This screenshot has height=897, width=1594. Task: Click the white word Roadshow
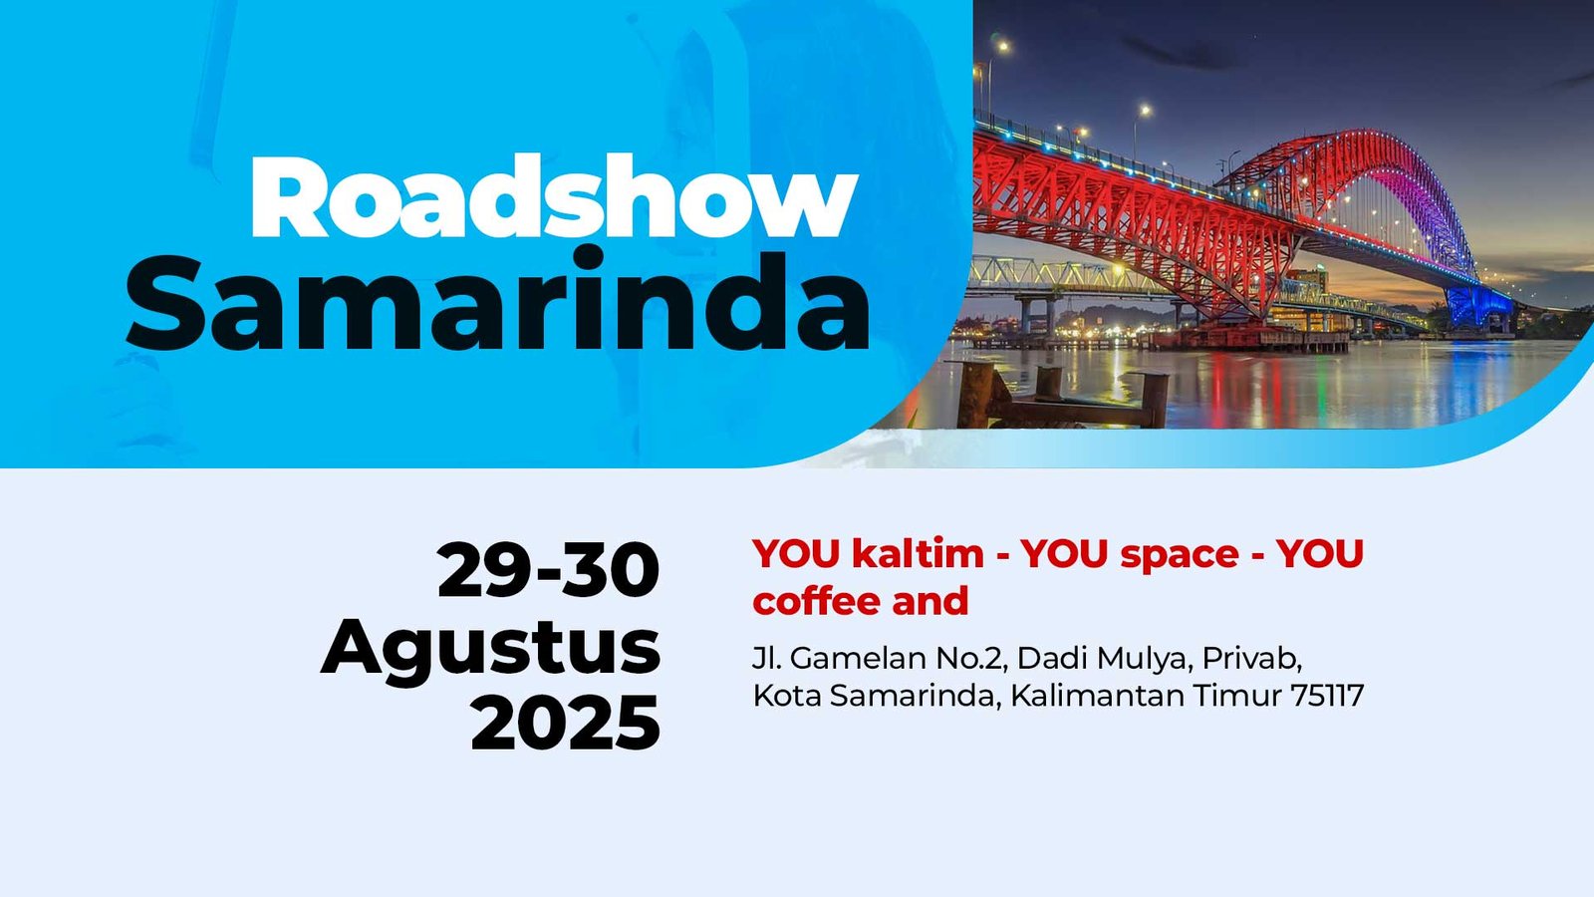point(554,196)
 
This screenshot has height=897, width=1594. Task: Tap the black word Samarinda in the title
point(497,300)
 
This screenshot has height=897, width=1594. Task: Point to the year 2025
point(566,723)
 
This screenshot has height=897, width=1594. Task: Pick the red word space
point(1180,555)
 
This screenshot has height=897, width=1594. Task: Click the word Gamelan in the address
point(857,659)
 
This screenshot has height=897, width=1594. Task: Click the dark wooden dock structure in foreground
point(1060,395)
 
